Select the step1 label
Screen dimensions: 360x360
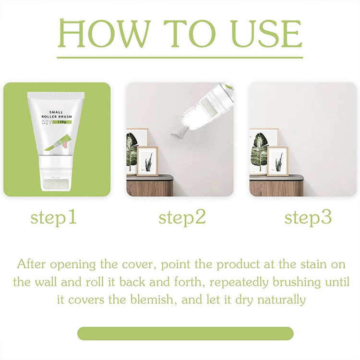tap(53, 217)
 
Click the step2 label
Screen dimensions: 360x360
tap(182, 217)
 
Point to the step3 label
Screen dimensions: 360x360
tap(308, 217)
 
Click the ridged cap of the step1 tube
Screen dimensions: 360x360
tap(56, 96)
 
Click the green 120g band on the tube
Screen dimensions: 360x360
tap(62, 122)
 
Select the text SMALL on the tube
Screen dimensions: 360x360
tap(56, 112)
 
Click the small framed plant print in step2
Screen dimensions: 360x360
tap(148, 161)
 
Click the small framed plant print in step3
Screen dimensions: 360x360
tap(278, 161)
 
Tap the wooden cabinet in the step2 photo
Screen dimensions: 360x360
tap(149, 185)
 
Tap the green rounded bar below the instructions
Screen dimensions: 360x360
tap(185, 334)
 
